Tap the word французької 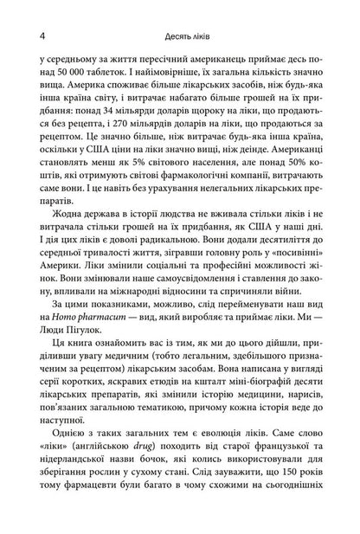305,469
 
